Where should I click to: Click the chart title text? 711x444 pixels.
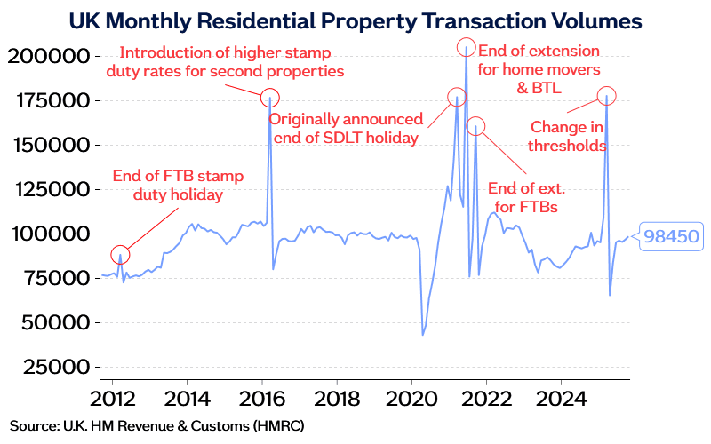pyautogui.click(x=355, y=19)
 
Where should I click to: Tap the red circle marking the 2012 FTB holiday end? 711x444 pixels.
pyautogui.click(x=120, y=255)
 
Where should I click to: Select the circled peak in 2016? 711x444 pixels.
pyautogui.click(x=269, y=98)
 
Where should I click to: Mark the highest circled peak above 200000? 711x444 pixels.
pyautogui.click(x=467, y=47)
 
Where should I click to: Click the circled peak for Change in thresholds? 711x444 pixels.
pyautogui.click(x=606, y=96)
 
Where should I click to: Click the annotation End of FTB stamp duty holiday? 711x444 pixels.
pyautogui.click(x=178, y=185)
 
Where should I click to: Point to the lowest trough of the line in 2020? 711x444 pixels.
pyautogui.click(x=423, y=335)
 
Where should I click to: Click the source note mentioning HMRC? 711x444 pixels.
pyautogui.click(x=157, y=426)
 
